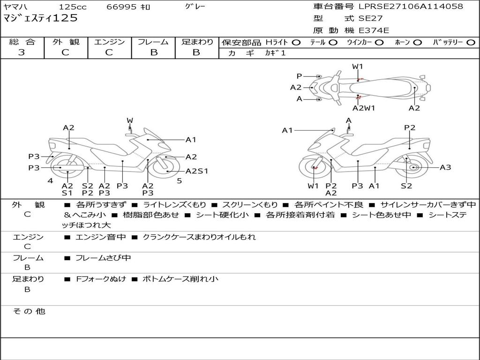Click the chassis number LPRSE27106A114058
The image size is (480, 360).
pyautogui.click(x=411, y=7)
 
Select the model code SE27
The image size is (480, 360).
pyautogui.click(x=370, y=19)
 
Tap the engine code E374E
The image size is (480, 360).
pyautogui.click(x=374, y=30)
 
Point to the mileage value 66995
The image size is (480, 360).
pyautogui.click(x=121, y=7)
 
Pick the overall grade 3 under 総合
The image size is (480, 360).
pyautogui.click(x=22, y=52)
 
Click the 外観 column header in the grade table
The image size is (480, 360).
pyautogui.click(x=65, y=42)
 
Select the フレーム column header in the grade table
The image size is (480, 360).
pyautogui.click(x=153, y=42)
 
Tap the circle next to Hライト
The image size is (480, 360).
pyautogui.click(x=296, y=43)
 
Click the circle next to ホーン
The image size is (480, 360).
pyautogui.click(x=417, y=43)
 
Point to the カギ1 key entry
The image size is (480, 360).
pyautogui.click(x=275, y=53)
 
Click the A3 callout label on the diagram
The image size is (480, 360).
pyautogui.click(x=445, y=167)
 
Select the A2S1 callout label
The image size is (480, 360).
pyautogui.click(x=196, y=171)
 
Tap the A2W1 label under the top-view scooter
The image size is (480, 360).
pyautogui.click(x=364, y=108)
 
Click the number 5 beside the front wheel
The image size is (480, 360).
pyautogui.click(x=179, y=180)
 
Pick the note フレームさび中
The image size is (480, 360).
pyautogui.click(x=103, y=258)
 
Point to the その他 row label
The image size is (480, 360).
pyautogui.click(x=29, y=311)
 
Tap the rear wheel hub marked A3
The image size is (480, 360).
pyautogui.click(x=413, y=167)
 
